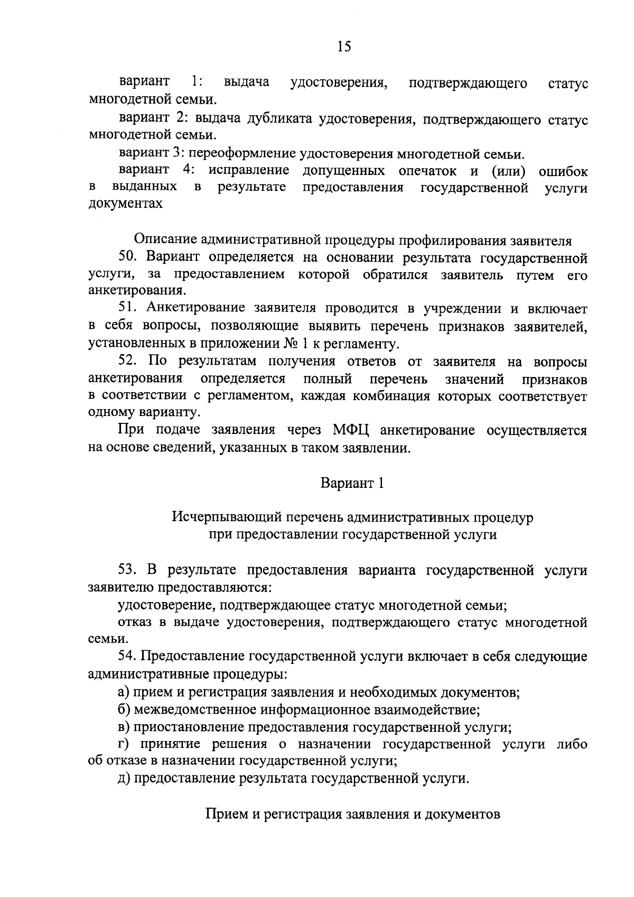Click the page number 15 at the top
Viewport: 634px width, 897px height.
coord(343,47)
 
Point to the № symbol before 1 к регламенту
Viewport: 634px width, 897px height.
coord(290,344)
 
